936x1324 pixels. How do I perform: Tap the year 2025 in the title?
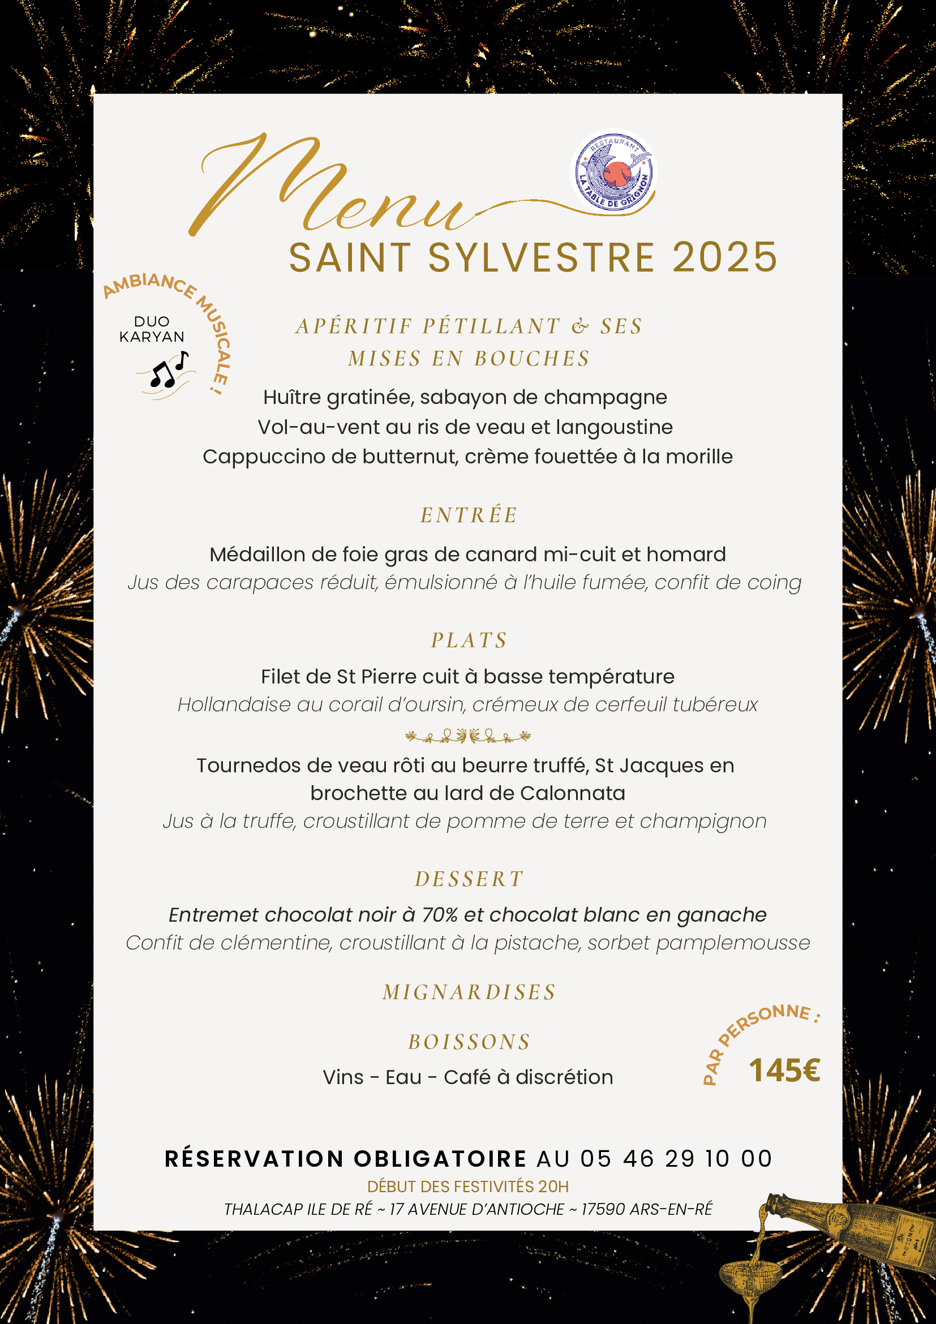coord(725,257)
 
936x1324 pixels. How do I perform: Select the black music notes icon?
coord(168,370)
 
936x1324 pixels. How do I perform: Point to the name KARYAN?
coord(152,337)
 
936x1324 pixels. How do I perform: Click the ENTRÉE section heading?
coord(469,515)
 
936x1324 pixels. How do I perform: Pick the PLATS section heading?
coord(469,640)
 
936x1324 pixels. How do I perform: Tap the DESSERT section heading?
coord(469,879)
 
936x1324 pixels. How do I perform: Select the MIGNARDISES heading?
coord(469,992)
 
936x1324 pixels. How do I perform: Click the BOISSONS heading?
coord(469,1042)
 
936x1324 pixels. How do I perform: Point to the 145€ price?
coord(784,1071)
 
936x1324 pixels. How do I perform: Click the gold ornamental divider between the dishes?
coord(467,736)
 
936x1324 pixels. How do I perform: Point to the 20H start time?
coord(553,1186)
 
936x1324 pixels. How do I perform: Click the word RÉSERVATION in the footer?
coord(254,1159)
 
